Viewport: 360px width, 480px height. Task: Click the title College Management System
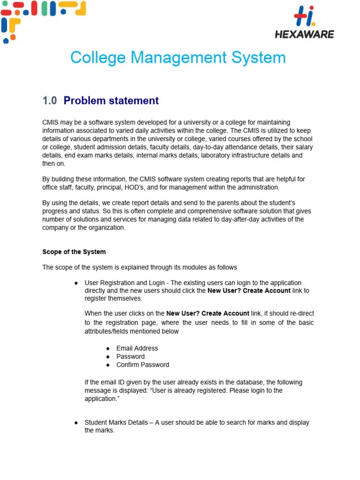click(x=178, y=58)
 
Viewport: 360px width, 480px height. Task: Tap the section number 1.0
click(x=49, y=101)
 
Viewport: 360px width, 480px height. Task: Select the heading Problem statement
click(x=111, y=101)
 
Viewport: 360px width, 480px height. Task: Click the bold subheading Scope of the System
click(x=74, y=252)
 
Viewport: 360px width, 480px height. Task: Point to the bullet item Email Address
click(x=137, y=348)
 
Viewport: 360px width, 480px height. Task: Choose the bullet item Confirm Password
click(x=142, y=365)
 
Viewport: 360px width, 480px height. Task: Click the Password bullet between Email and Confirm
click(x=130, y=356)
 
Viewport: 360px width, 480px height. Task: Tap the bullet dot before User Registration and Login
click(x=76, y=283)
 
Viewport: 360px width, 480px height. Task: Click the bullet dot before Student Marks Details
click(x=76, y=423)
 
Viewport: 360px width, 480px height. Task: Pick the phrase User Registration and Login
click(x=124, y=283)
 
